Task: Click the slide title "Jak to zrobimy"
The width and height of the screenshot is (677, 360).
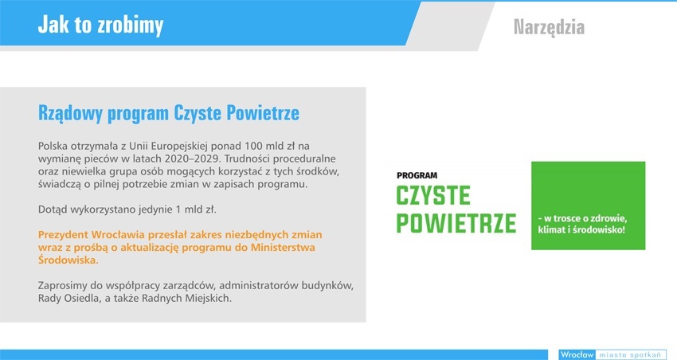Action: click(x=100, y=25)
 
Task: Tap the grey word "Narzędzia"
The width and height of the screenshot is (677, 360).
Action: click(x=549, y=27)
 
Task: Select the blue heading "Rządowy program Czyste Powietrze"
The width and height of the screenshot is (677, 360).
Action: click(x=168, y=113)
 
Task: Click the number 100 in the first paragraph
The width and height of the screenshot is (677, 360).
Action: click(x=253, y=146)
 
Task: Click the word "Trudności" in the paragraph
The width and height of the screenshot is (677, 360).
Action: click(x=247, y=158)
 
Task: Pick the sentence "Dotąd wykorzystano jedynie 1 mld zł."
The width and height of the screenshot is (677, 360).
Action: click(x=127, y=209)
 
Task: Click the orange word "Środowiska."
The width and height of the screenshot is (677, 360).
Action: click(x=68, y=260)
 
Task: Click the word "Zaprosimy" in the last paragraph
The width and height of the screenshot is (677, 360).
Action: click(x=62, y=286)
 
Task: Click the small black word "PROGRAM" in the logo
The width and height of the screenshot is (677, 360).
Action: click(x=417, y=176)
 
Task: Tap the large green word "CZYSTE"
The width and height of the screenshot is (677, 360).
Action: click(x=433, y=196)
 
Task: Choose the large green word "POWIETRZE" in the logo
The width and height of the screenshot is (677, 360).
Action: click(x=456, y=223)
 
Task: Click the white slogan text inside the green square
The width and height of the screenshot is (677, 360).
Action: click(x=582, y=224)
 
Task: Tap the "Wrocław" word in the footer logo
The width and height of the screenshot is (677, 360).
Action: click(x=577, y=354)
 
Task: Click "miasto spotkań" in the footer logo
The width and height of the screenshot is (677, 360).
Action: click(x=630, y=354)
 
